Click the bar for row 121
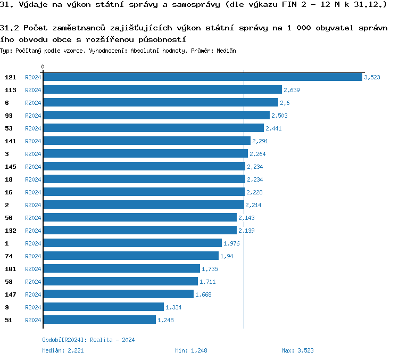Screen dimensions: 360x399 tap(202, 77)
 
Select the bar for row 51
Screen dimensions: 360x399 tap(99, 320)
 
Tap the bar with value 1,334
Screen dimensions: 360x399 tap(103, 307)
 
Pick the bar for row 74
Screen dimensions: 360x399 tap(130, 256)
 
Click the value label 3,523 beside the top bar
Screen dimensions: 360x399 tap(372, 77)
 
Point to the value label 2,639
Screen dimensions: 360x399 tap(292, 90)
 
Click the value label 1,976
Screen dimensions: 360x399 tap(231, 243)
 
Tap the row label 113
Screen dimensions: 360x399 tap(11, 90)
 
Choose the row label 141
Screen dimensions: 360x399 tap(11, 141)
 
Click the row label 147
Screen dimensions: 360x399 tap(11, 294)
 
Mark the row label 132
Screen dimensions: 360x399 tap(11, 231)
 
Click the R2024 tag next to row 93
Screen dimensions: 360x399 tap(33, 116)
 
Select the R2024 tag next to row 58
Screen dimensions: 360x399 tap(33, 282)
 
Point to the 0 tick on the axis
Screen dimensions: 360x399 tap(43, 67)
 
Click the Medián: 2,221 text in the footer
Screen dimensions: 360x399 tap(63, 350)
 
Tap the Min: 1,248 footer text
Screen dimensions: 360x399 tap(191, 350)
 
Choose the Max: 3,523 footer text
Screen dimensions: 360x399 tap(298, 350)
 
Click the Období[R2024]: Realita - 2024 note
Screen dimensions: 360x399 tap(88, 340)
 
